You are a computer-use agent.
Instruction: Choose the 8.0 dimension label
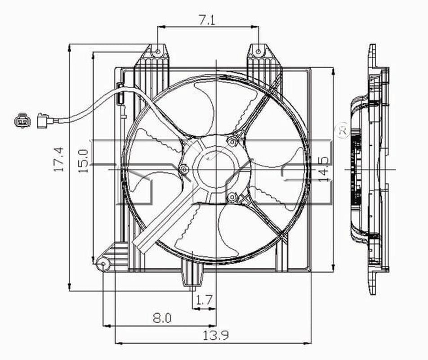162,318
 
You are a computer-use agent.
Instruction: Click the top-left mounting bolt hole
157,52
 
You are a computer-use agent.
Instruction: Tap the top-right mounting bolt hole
258,52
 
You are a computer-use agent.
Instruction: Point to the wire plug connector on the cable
44,121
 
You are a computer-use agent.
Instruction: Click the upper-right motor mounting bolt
232,142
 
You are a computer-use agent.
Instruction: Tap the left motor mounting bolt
184,170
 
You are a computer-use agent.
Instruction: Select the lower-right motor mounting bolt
232,197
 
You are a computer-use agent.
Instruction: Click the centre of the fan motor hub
216,170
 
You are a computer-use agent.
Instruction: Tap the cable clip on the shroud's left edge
121,94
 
